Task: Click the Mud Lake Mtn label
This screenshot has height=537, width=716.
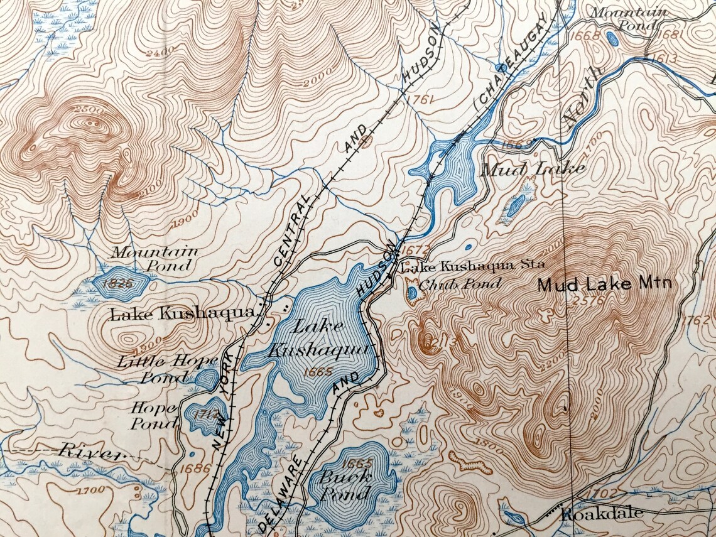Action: tap(604, 285)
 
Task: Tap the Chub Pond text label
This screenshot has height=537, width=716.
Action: tap(460, 285)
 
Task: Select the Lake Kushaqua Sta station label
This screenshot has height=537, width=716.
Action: tap(473, 266)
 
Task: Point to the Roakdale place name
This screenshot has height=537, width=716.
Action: tap(602, 514)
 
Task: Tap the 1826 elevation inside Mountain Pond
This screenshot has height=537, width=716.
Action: tap(120, 284)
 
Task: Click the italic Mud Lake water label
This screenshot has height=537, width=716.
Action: tap(533, 168)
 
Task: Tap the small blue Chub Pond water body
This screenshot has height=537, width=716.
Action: tap(412, 293)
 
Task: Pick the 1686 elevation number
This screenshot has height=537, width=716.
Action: tap(188, 467)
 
